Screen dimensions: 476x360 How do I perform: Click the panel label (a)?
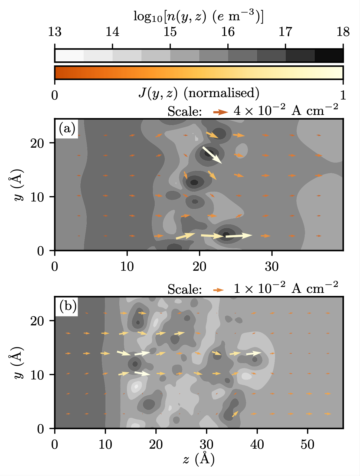coord(67,129)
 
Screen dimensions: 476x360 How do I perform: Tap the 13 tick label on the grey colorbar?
coord(55,32)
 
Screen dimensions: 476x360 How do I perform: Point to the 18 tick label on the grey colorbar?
coord(343,32)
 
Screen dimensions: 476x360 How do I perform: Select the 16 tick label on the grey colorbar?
coord(228,32)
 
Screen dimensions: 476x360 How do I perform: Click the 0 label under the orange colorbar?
coord(55,95)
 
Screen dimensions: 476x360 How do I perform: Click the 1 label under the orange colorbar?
coord(343,95)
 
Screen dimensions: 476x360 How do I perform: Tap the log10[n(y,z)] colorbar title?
coord(198,17)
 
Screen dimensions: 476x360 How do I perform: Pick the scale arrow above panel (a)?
coord(221,112)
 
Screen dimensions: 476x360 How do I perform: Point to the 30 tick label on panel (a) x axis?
coord(271,267)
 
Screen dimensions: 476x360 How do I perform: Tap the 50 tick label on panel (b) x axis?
coord(307,445)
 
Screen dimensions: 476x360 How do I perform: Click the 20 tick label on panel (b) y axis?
coord(37,321)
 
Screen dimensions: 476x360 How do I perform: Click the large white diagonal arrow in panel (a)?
coord(212,155)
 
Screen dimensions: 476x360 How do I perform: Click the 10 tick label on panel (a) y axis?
coord(37,197)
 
